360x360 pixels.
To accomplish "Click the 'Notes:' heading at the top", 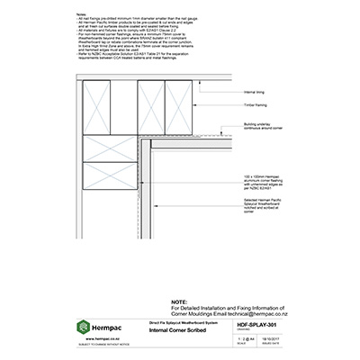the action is tap(82, 15).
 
